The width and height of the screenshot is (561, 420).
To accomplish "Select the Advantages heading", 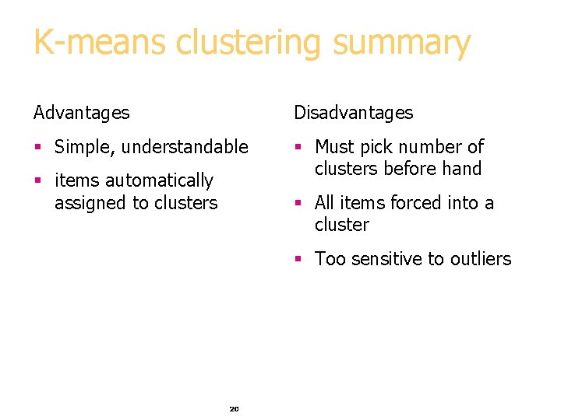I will click(x=82, y=113).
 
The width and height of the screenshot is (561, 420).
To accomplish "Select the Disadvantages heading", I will click(x=353, y=113).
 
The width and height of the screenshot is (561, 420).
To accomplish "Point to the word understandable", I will click(x=185, y=147).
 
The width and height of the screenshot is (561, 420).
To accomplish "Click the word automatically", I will click(x=158, y=180).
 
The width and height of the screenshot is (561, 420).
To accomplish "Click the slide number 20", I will click(x=234, y=408).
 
